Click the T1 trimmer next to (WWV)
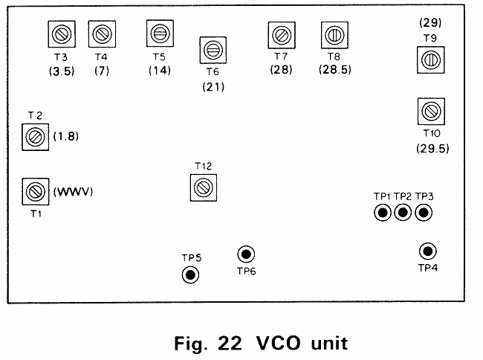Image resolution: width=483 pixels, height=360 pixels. [34, 191]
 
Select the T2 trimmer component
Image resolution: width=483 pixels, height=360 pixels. [34, 136]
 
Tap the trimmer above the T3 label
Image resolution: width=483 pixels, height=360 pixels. [60, 33]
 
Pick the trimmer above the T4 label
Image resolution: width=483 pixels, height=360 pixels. [100, 33]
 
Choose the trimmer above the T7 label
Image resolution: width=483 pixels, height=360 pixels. [280, 34]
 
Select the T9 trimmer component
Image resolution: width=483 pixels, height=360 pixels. [429, 59]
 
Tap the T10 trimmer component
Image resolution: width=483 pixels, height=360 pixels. [429, 112]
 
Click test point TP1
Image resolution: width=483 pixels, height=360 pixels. [383, 213]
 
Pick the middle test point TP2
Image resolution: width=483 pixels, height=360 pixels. [403, 213]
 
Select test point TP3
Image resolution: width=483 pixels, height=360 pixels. [424, 213]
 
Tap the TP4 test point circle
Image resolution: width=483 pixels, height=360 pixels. [427, 251]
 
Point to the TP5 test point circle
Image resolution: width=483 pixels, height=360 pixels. [191, 275]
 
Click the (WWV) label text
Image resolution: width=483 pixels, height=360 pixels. [72, 192]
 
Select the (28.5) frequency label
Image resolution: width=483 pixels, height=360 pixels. [334, 71]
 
